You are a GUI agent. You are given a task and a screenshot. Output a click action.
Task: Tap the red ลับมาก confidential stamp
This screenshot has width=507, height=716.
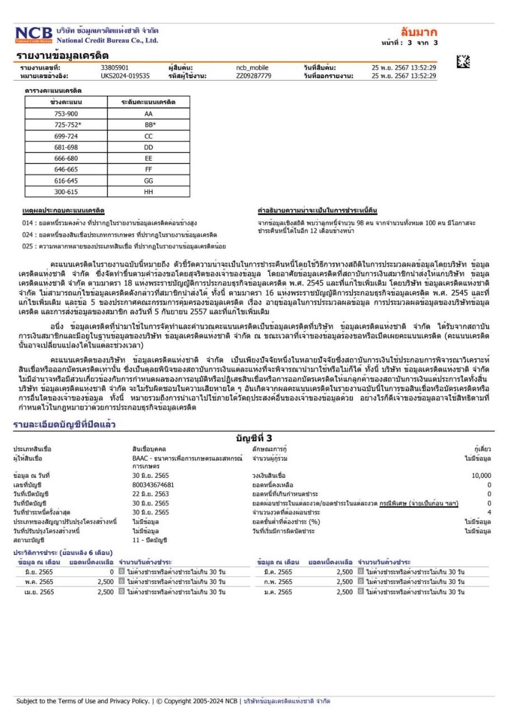(419, 32)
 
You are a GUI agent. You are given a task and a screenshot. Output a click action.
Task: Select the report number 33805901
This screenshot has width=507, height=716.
(115, 68)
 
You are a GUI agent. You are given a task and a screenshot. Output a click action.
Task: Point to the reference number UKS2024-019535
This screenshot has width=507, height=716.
(125, 76)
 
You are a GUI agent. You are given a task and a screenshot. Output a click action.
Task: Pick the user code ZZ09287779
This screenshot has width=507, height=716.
(253, 76)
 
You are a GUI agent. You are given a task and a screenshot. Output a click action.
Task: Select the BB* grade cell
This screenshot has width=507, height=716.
(148, 125)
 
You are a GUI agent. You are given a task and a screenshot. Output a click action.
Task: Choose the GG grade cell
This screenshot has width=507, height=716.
(148, 181)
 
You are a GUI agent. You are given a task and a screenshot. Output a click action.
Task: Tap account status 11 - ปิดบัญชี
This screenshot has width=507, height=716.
(149, 540)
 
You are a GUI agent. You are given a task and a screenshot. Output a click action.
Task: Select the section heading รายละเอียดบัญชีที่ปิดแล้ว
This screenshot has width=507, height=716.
(65, 426)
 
